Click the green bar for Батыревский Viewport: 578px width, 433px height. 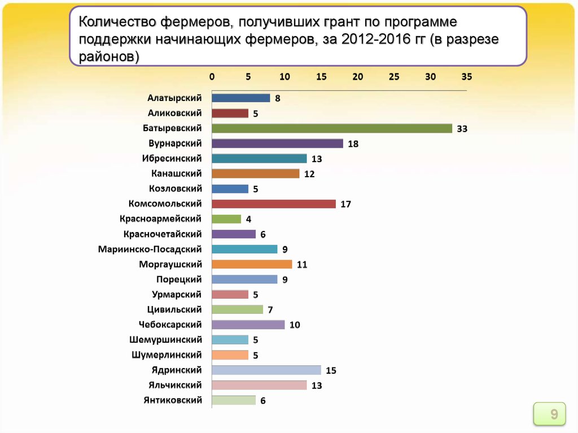[x=332, y=128]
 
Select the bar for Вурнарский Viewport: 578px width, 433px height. [x=277, y=143]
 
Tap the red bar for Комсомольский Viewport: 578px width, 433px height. [x=274, y=204]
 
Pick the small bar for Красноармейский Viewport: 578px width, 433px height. [x=226, y=219]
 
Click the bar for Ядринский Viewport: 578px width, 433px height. [x=266, y=370]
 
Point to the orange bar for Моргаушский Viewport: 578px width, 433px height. [x=252, y=264]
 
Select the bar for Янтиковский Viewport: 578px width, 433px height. [x=234, y=400]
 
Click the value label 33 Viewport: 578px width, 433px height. [x=462, y=129]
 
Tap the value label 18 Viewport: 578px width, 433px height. [x=353, y=144]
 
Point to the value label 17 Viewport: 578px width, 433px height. [x=345, y=204]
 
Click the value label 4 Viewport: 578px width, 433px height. [x=248, y=220]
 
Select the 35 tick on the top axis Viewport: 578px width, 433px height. [x=466, y=76]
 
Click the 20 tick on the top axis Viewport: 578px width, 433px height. [x=357, y=76]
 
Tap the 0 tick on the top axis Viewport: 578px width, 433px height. [x=212, y=76]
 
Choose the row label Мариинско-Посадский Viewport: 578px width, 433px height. [x=150, y=249]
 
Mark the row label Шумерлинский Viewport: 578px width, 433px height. [x=167, y=355]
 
